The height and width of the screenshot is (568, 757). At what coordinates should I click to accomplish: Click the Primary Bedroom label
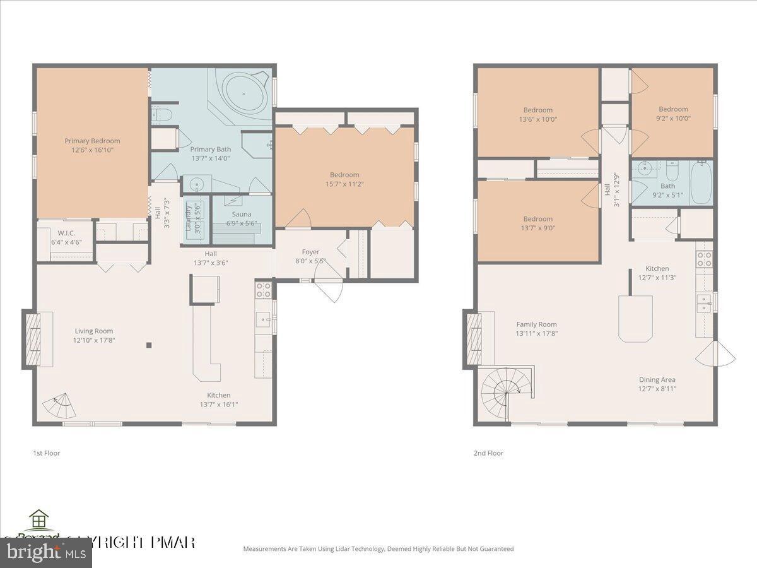[92, 141]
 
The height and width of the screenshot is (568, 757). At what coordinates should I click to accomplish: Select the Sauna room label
[241, 215]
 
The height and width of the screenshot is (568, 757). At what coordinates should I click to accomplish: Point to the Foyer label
[310, 252]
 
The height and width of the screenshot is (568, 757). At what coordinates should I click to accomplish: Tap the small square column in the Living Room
[149, 345]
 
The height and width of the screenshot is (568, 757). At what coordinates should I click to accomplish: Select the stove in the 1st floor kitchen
[264, 290]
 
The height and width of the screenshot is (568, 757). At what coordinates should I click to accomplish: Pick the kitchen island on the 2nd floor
[635, 318]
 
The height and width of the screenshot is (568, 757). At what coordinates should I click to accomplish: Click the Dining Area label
[657, 379]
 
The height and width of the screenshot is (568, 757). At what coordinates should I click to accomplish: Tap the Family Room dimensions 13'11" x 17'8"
[536, 333]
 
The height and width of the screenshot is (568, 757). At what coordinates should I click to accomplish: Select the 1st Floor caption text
[46, 453]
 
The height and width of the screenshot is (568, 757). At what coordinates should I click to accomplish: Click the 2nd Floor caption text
[488, 453]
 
